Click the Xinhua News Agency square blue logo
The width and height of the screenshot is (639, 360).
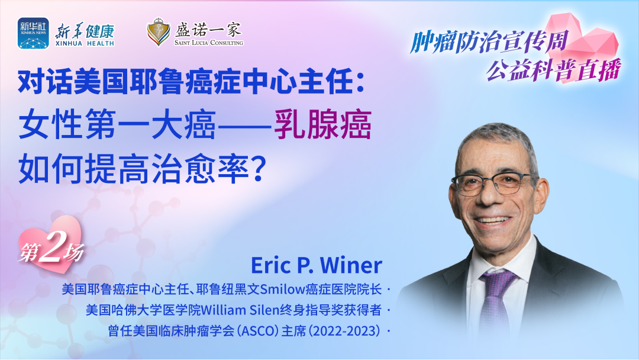pyautogui.click(x=33, y=33)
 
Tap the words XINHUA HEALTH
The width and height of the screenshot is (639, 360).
pyautogui.click(x=85, y=43)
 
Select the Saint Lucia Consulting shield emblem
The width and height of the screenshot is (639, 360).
pyautogui.click(x=159, y=32)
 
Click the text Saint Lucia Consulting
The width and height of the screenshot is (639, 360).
pyautogui.click(x=209, y=43)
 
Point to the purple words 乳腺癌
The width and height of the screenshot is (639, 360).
pyautogui.click(x=322, y=125)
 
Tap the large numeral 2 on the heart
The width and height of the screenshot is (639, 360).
pyautogui.click(x=51, y=247)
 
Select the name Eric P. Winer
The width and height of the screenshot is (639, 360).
pyautogui.click(x=316, y=265)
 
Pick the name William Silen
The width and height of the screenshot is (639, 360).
pyautogui.click(x=240, y=310)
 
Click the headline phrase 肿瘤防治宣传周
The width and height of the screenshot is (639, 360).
pyautogui.click(x=489, y=43)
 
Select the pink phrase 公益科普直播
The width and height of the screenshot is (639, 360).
pyautogui.click(x=554, y=69)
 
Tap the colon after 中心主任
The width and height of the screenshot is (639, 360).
pyautogui.click(x=360, y=82)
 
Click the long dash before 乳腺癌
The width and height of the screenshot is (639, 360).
pyautogui.click(x=244, y=126)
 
